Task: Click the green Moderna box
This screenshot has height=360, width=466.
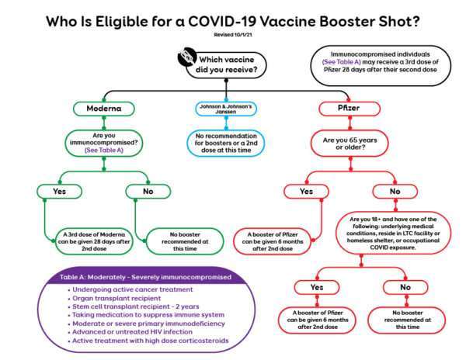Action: point(104,109)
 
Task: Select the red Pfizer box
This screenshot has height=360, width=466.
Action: point(349,109)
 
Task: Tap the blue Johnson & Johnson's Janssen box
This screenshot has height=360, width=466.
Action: point(226,109)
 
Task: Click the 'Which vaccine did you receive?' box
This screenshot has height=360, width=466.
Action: point(226,65)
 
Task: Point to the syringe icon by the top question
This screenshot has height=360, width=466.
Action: point(186,56)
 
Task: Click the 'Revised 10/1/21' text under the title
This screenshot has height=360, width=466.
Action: point(233,35)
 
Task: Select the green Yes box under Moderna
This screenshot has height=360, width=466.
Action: point(60,192)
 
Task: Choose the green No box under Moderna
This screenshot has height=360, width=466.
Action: point(148,192)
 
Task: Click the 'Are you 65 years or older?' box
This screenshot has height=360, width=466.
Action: point(349,144)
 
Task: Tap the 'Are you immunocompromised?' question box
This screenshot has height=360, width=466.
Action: point(104,143)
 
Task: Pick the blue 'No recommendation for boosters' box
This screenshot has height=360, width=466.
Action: point(226,143)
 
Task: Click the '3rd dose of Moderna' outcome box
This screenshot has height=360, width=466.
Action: point(94,241)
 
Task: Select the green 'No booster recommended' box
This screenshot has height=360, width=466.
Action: point(185,241)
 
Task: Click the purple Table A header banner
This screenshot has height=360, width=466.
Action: point(145,277)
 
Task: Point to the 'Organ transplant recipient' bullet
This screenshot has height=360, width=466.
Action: point(116,298)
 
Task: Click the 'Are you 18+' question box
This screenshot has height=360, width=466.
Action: point(393,234)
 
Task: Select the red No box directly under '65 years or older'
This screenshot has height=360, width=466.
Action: point(395,192)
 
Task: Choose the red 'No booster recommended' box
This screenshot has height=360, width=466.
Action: point(407,320)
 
